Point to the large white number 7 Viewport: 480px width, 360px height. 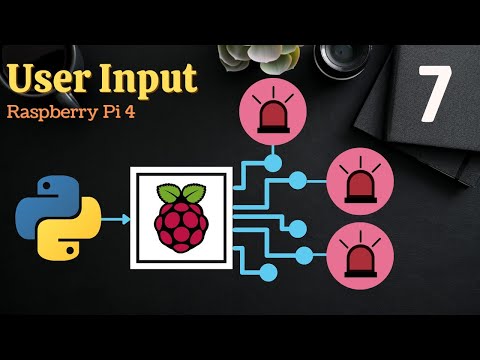pyautogui.click(x=432, y=95)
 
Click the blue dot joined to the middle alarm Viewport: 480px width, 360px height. pyautogui.click(x=296, y=181)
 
